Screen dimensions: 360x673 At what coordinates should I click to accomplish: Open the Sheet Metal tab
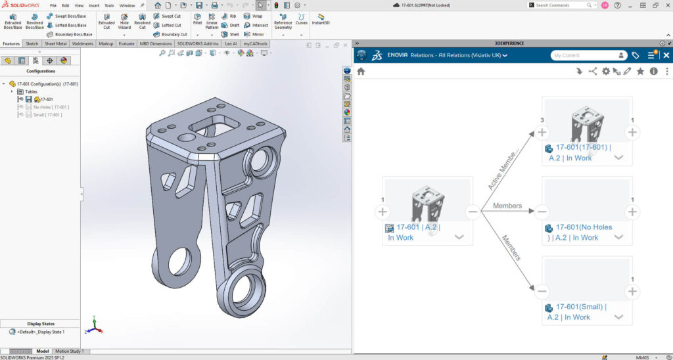pyautogui.click(x=55, y=44)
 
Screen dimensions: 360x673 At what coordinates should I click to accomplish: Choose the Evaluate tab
pyautogui.click(x=127, y=44)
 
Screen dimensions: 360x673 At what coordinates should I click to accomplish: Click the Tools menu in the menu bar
pyautogui.click(x=109, y=5)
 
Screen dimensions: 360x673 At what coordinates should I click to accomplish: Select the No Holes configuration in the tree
pyautogui.click(x=51, y=107)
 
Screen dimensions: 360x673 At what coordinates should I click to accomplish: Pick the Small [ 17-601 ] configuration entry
pyautogui.click(x=47, y=115)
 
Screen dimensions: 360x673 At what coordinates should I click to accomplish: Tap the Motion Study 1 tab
pyautogui.click(x=68, y=351)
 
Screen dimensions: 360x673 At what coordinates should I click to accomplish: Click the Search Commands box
pyautogui.click(x=559, y=5)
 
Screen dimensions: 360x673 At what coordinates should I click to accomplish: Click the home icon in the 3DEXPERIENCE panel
pyautogui.click(x=361, y=71)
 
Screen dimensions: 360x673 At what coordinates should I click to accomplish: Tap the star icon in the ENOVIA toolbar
pyautogui.click(x=640, y=71)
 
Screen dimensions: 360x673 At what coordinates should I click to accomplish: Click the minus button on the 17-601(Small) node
pyautogui.click(x=542, y=292)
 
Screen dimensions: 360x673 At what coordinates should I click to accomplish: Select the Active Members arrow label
pyautogui.click(x=503, y=169)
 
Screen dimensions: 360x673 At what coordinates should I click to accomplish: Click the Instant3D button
pyautogui.click(x=321, y=19)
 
